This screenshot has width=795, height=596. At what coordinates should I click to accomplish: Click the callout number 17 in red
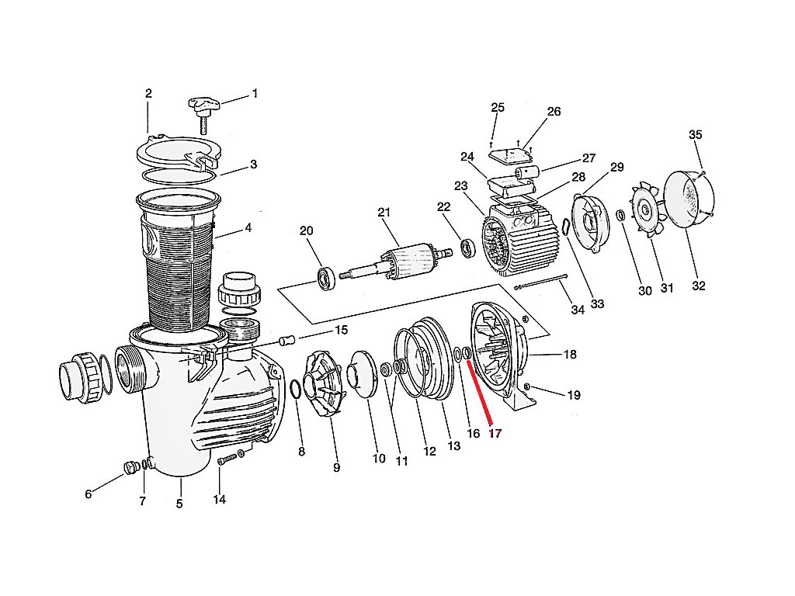495,434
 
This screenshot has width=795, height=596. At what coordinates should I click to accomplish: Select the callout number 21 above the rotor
383,213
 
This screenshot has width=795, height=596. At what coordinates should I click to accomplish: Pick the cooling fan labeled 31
646,209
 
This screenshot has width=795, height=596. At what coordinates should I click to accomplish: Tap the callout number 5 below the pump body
179,504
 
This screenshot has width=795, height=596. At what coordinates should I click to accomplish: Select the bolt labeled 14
225,460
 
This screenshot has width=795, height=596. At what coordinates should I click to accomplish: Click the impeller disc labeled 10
363,374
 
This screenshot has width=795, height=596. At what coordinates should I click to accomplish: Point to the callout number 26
554,112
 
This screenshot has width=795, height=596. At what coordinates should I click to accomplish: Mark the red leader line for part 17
479,395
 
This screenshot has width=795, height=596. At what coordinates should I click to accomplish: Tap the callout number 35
695,135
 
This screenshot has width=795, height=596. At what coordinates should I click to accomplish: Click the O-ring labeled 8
295,390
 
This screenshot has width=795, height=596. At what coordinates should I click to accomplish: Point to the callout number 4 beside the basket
248,228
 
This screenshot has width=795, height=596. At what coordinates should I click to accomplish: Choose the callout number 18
570,355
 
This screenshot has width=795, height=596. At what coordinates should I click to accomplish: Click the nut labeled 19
527,386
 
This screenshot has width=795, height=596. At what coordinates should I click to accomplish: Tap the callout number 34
577,310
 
